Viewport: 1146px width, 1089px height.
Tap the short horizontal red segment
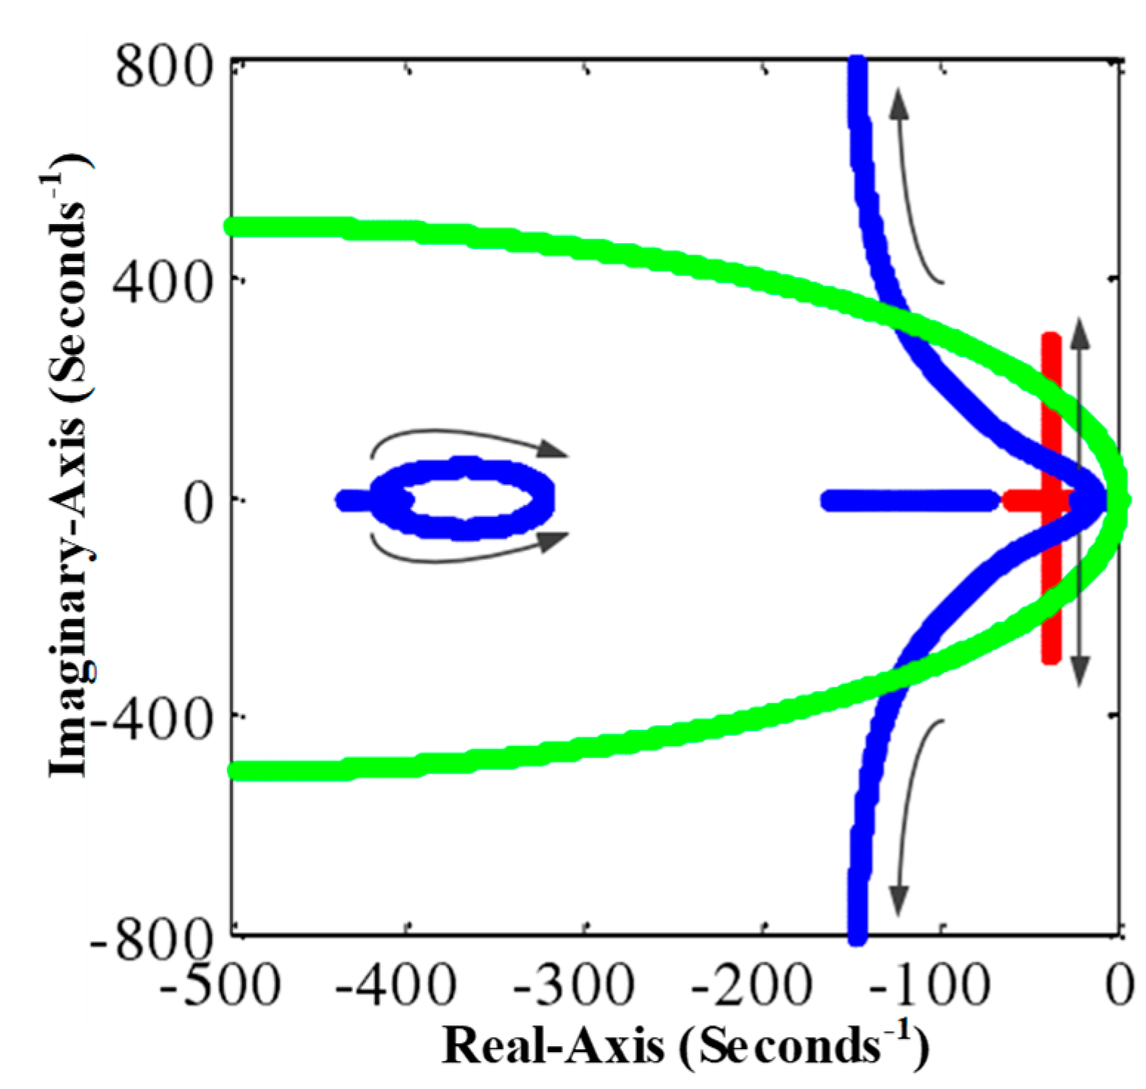coord(1024,501)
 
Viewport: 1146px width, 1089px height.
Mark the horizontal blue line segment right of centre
coord(909,501)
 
